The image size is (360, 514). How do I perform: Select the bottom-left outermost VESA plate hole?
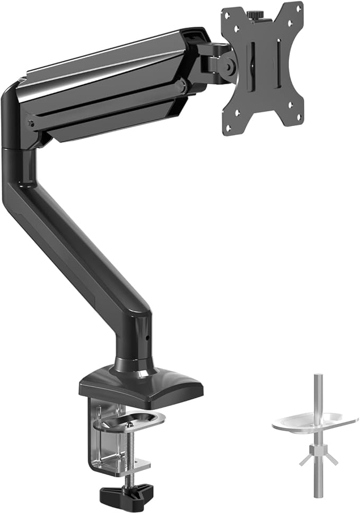[230, 127]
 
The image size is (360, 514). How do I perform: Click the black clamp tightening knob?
[129, 494]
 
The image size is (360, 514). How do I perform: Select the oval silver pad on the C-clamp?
[129, 420]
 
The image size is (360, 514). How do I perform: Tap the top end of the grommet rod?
[317, 377]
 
